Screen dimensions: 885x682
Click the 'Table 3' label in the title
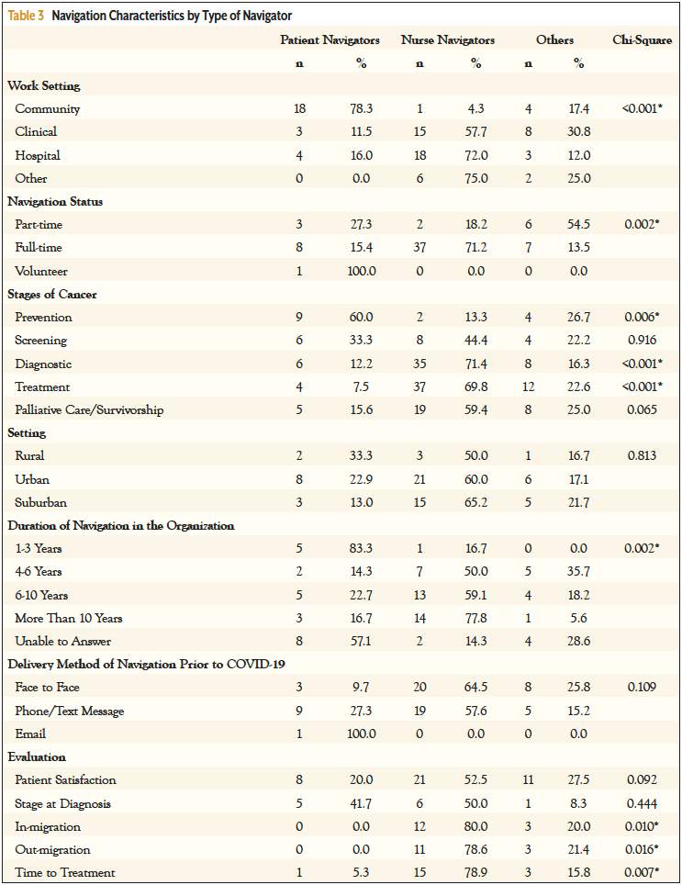[x=28, y=16]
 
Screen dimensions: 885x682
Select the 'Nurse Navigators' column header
[x=447, y=40]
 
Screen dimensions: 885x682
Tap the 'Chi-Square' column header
[x=642, y=40]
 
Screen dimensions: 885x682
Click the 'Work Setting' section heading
[x=43, y=85]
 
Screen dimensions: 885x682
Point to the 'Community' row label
[x=47, y=109]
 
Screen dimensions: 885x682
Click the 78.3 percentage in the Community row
[x=360, y=109]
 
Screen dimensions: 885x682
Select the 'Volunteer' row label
[x=41, y=272]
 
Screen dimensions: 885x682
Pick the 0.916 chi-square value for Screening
[x=642, y=341]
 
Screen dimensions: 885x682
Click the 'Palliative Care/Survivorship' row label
[x=89, y=410]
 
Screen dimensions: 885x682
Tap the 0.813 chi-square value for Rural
[x=642, y=456]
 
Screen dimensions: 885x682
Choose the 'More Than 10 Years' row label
[x=68, y=619]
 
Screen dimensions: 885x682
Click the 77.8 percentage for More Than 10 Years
[x=475, y=619]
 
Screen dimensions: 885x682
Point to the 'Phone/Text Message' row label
[x=69, y=711]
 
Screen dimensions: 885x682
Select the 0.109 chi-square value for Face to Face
[x=642, y=688]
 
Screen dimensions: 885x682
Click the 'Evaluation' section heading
[x=37, y=757]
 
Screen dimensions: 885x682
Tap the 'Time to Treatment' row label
[x=66, y=873]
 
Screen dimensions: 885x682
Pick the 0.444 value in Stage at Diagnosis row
[x=642, y=803]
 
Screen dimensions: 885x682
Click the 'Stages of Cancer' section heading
[x=52, y=295]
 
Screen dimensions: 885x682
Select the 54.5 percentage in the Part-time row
[x=579, y=225]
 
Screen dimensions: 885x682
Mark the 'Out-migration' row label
[x=54, y=850]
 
